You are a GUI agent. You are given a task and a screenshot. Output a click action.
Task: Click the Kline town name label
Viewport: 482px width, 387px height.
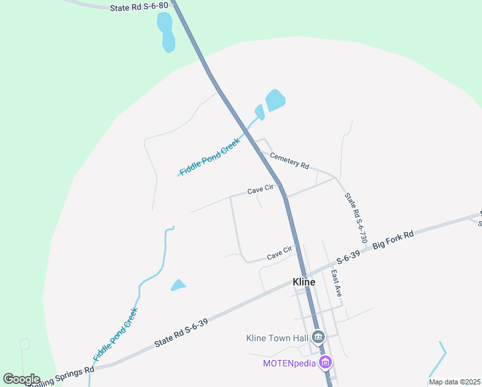coord(304,283)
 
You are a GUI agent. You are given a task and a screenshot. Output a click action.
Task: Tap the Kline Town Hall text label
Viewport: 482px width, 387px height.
coord(278,337)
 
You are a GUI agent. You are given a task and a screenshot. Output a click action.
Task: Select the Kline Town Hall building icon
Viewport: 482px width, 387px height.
coord(318,337)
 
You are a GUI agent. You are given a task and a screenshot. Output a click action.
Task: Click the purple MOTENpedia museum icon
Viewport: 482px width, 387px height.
coord(326,362)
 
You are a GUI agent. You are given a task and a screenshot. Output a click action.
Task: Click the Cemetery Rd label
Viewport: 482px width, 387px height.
coord(289,161)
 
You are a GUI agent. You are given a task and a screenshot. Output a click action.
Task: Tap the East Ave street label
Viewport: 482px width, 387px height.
coord(336,282)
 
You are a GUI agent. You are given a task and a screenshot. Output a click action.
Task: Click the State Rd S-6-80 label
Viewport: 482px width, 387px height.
coord(139,6)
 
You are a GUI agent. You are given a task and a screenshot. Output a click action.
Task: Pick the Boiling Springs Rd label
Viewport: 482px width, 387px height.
coord(61,375)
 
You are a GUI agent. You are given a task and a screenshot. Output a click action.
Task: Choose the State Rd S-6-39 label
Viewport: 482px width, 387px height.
coord(181,333)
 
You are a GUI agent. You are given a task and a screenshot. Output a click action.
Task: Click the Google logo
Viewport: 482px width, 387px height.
coord(21,379)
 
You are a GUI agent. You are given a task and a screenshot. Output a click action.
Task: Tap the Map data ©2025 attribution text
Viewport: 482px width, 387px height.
coord(454,382)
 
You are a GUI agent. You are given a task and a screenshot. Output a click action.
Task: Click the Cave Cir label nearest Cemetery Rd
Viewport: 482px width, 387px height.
coord(261,191)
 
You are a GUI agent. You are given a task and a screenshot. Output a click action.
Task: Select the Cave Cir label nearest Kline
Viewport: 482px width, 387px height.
coord(280,255)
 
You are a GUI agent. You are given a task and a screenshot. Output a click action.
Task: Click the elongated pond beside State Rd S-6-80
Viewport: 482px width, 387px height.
coord(166,32)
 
